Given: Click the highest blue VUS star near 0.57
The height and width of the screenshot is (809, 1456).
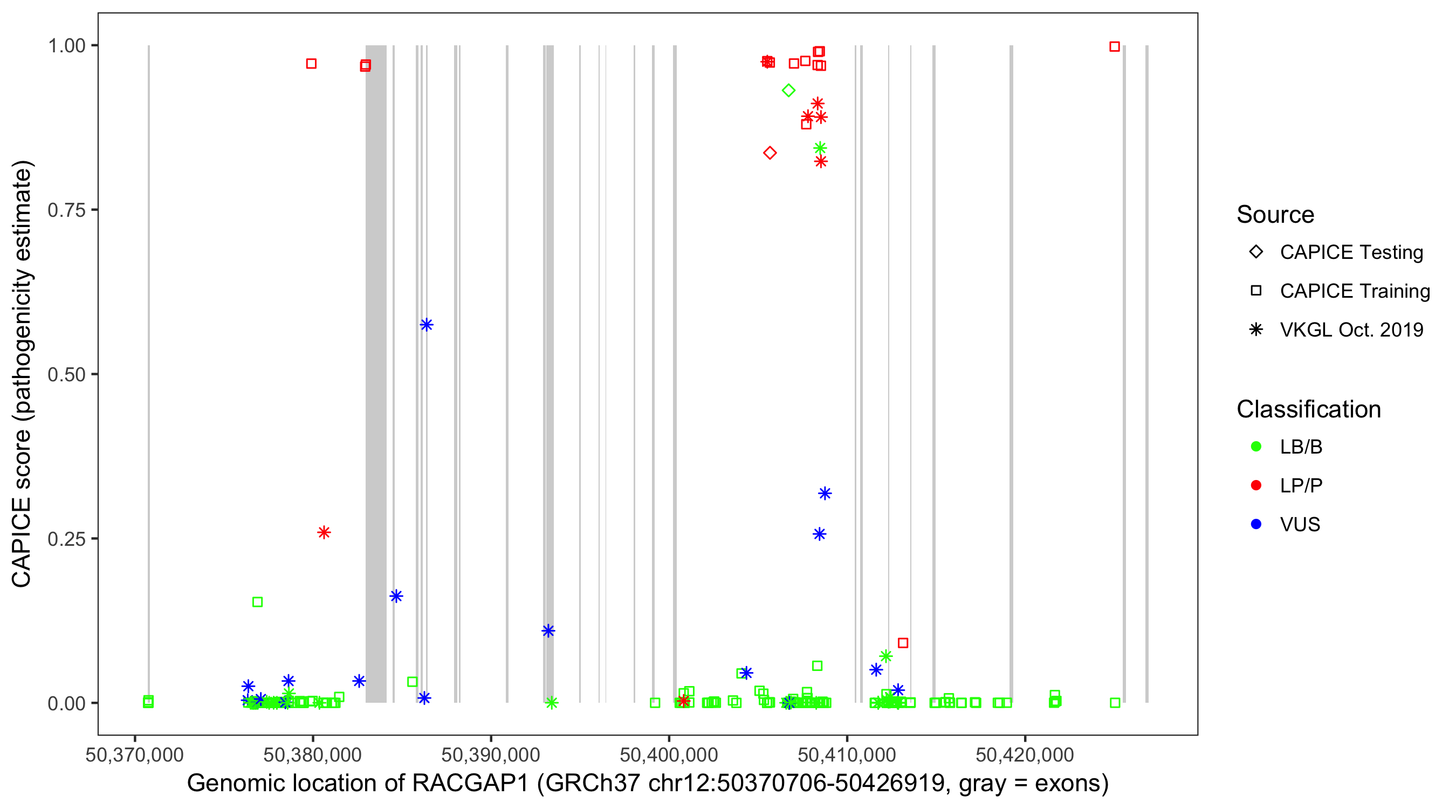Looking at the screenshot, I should (x=426, y=325).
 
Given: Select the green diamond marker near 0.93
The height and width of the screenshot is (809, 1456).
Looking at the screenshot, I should (x=788, y=91).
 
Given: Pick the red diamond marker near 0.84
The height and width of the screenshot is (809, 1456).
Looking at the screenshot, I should (x=770, y=153).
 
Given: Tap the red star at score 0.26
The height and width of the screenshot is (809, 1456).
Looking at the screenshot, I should (x=324, y=532).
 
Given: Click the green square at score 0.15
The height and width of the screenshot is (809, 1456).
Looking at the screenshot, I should (x=257, y=602).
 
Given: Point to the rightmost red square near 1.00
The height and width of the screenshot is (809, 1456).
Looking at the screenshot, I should (x=1114, y=47).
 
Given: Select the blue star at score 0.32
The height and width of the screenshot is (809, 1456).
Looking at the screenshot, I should (x=825, y=493).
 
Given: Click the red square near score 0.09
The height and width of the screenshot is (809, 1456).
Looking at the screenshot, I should (x=903, y=643).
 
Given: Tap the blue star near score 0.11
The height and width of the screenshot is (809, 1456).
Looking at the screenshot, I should (x=548, y=631).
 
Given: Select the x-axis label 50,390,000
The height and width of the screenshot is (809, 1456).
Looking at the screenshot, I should (x=490, y=755).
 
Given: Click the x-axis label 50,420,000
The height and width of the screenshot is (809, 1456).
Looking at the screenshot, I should (x=1024, y=755).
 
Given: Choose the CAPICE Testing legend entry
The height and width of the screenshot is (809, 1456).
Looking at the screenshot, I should (x=1351, y=252).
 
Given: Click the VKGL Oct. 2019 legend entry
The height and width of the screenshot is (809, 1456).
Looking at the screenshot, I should (x=1351, y=330).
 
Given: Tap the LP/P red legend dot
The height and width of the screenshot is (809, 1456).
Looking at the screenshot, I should (x=1256, y=485).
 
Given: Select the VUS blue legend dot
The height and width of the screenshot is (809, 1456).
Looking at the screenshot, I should (x=1256, y=524).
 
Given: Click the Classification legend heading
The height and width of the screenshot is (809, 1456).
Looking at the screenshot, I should (x=1308, y=409).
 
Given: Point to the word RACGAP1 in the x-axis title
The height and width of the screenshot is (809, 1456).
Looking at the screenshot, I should (x=470, y=784).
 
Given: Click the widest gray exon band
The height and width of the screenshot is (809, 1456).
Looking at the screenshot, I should (x=376, y=373).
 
